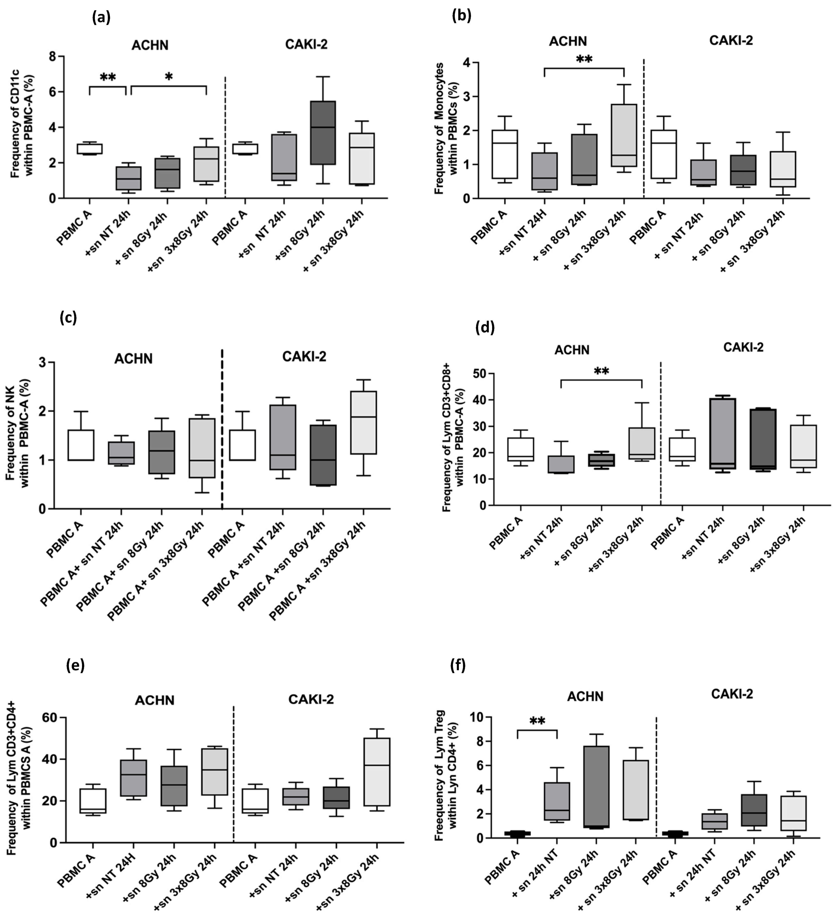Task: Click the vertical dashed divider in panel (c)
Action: click(222, 428)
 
